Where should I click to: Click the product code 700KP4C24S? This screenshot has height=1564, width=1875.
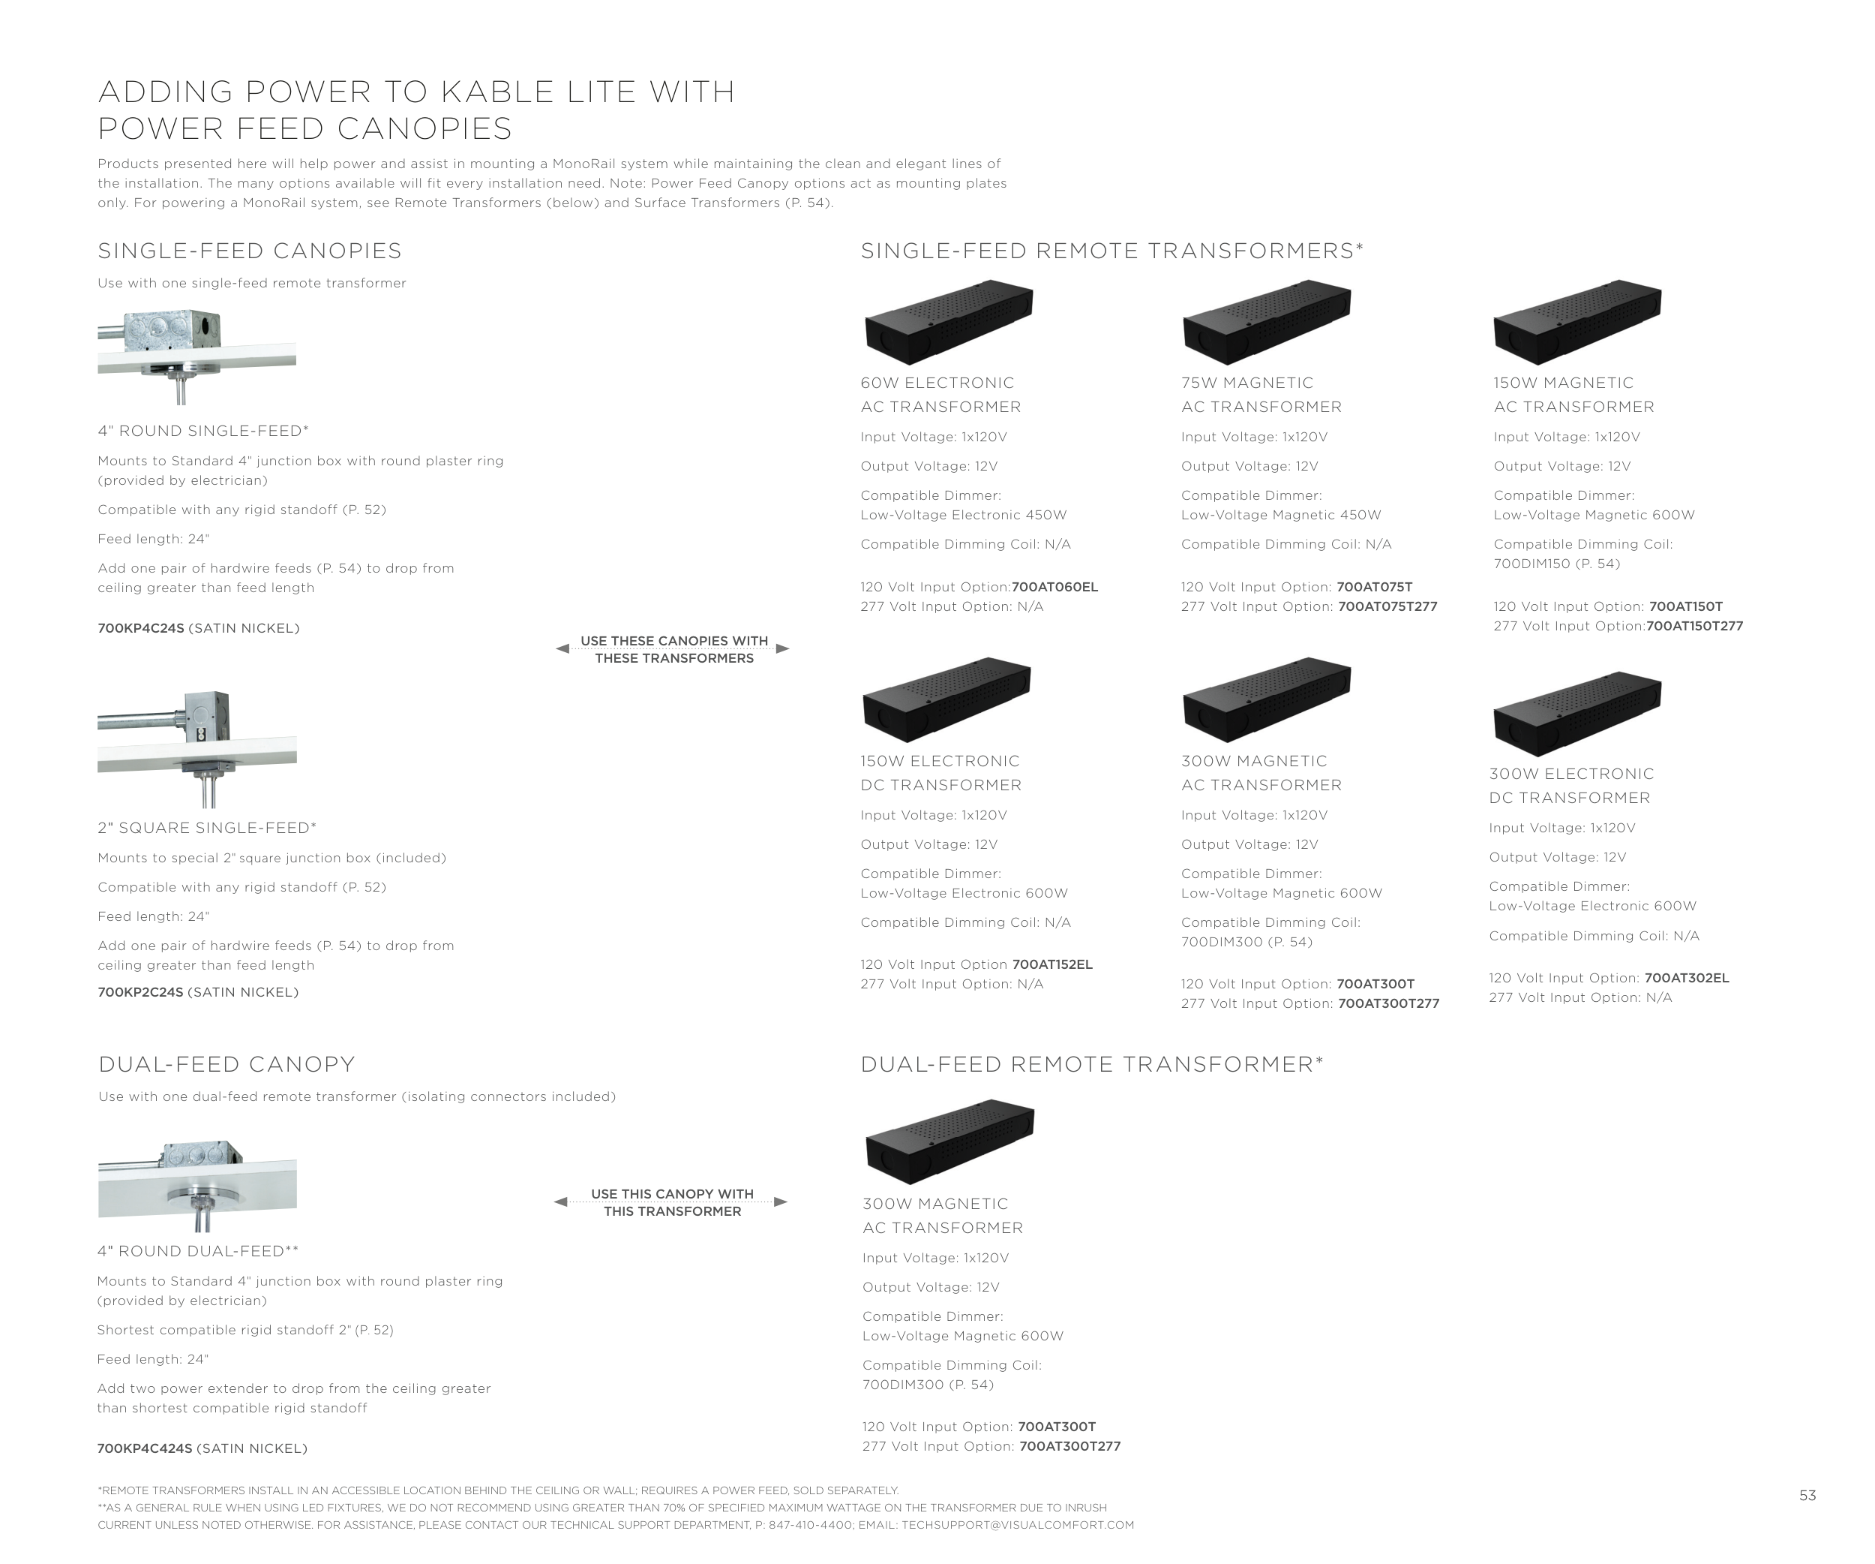pos(141,628)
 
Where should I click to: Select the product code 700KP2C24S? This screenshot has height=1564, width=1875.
pos(140,992)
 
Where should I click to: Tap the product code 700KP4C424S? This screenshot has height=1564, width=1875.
pos(145,1448)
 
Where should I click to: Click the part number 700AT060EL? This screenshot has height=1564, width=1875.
pos(1054,587)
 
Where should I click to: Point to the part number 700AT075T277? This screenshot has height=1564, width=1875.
pos(1387,606)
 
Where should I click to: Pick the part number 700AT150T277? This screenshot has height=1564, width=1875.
pos(1695,626)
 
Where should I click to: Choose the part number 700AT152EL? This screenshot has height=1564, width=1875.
pos(1053,964)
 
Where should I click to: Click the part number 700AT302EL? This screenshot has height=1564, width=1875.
pos(1687,978)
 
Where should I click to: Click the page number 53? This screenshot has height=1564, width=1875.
pos(1808,1495)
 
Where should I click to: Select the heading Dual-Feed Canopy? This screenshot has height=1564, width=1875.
pos(226,1065)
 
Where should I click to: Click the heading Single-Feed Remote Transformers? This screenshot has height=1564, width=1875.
pos(1111,251)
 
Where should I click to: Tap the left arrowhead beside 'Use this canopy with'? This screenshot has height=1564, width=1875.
pos(561,1202)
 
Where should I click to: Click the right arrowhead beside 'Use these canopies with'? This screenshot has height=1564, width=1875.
pos(783,648)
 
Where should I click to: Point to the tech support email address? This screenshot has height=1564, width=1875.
pos(1018,1526)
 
